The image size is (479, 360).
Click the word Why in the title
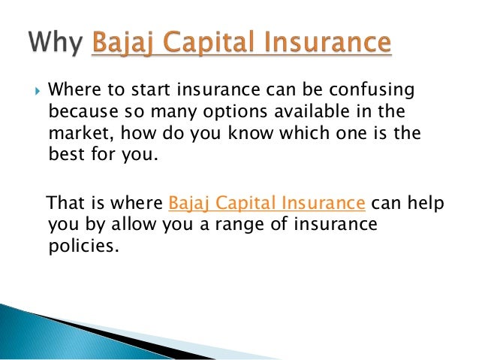coord(56,43)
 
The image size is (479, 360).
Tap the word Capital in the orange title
coord(212,43)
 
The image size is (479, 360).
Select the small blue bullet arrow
coord(38,91)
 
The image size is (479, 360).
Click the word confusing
coord(372,90)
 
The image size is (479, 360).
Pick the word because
coord(83,111)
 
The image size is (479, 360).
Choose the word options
coord(235,112)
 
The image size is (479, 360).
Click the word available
coord(312,111)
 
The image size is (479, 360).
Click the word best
coord(66,153)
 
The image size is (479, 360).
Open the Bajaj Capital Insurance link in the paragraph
coord(267,203)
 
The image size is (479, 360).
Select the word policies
coord(83,247)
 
